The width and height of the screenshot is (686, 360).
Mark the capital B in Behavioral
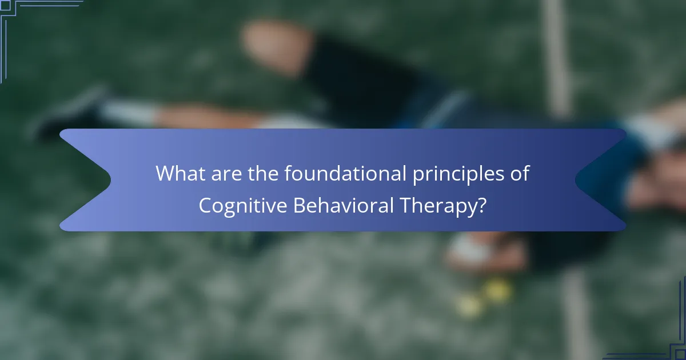(x=299, y=205)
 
